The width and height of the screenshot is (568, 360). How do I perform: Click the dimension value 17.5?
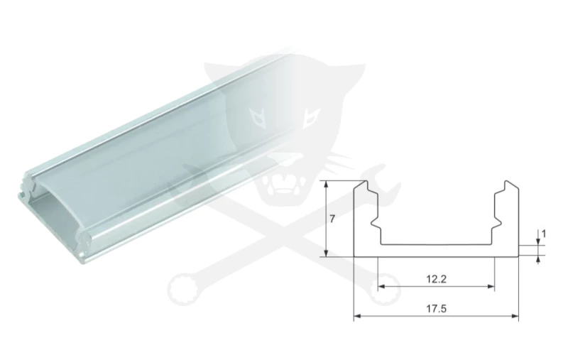click(436, 309)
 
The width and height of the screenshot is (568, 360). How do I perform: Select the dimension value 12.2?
click(436, 279)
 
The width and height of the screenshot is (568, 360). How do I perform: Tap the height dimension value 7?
click(332, 219)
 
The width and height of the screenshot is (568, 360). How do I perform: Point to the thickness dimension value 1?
click(543, 234)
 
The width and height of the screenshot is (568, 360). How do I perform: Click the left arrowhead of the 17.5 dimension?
click(357, 316)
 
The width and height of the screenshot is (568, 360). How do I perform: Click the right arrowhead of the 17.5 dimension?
click(515, 316)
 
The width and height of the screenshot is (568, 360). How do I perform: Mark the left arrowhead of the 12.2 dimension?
click(381, 286)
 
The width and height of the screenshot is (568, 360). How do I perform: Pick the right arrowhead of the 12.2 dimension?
click(491, 286)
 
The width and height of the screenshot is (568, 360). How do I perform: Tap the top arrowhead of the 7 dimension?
click(327, 185)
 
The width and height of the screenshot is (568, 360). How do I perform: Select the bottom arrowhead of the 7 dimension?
click(327, 253)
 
